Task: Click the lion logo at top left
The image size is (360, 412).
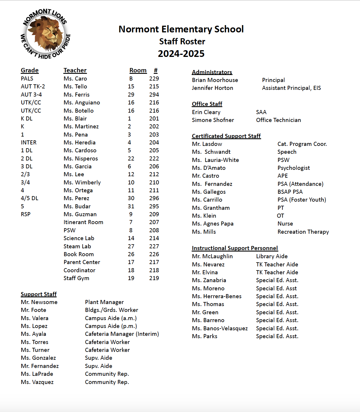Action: click(x=45, y=34)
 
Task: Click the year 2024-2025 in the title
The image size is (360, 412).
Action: click(x=181, y=54)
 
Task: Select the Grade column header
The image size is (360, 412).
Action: click(x=29, y=70)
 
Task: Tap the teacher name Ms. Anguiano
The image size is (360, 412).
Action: click(x=82, y=102)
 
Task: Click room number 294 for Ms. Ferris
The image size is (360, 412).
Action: click(x=154, y=95)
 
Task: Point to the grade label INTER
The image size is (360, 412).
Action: click(x=29, y=142)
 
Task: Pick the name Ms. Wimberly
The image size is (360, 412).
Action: click(x=82, y=182)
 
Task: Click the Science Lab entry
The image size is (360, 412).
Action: click(x=79, y=238)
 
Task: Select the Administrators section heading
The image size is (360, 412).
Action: click(x=212, y=72)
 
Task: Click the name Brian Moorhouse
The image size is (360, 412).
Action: click(x=215, y=80)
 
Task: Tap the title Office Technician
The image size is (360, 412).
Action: click(x=278, y=120)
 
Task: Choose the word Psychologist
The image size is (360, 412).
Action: click(x=293, y=168)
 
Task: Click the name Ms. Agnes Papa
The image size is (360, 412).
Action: click(x=213, y=224)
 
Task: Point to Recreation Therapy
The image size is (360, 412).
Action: click(x=303, y=232)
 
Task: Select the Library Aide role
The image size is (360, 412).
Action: click(x=272, y=256)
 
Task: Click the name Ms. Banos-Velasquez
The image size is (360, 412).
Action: click(x=220, y=328)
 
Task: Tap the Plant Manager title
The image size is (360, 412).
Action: click(x=104, y=302)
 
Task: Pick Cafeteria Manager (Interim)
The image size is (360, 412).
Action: click(x=122, y=334)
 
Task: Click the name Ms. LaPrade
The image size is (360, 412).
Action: click(x=37, y=374)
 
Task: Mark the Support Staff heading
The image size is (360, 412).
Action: click(x=39, y=294)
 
